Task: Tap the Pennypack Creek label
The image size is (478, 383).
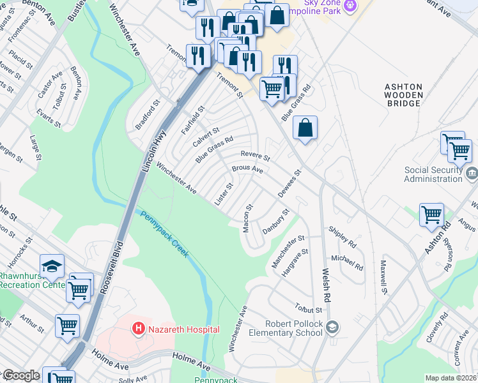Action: click(165, 234)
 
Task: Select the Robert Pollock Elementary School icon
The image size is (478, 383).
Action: click(332, 327)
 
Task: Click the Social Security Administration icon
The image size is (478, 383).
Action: click(471, 174)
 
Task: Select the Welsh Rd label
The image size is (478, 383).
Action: click(326, 285)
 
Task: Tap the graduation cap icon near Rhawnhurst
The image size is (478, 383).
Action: click(52, 266)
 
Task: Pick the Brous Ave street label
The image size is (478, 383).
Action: click(247, 170)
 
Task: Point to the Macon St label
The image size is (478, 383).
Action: click(249, 218)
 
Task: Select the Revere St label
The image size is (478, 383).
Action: click(256, 155)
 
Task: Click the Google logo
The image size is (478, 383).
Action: click(20, 376)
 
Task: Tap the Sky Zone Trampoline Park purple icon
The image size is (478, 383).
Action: click(349, 6)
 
